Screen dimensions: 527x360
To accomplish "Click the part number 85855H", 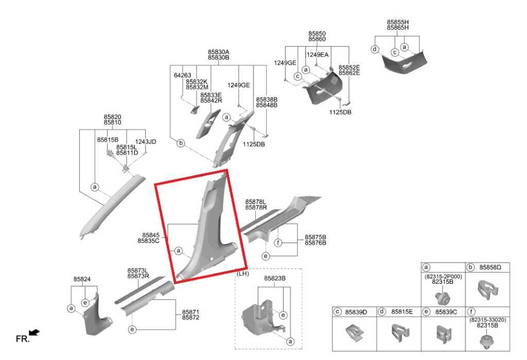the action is tap(398, 22).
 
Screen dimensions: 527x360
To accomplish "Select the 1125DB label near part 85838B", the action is tap(254, 144).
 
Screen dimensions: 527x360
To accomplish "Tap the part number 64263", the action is tap(183, 75).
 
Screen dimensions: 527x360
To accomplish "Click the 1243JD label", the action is tap(146, 142).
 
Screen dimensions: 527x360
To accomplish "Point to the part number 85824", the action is tap(82, 279).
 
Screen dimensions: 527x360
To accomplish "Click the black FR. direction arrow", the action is tap(34, 332).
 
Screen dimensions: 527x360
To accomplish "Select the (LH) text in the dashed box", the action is tap(243, 274).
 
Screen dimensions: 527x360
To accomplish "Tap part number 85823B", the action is tap(275, 279).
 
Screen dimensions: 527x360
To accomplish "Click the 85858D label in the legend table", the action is tap(490, 267).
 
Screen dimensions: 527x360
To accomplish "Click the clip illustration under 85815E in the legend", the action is tap(400, 333).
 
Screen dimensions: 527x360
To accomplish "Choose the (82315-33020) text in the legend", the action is tap(488, 320).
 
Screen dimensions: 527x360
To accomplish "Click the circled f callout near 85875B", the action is tap(278, 243).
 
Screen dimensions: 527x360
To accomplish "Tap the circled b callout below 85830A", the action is tap(181, 143).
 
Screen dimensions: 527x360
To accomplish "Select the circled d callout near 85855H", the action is tap(375, 49).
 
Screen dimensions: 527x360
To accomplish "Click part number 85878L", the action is tap(256, 202).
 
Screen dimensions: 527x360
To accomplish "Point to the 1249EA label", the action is tap(317, 55).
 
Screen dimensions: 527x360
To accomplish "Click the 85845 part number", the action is tap(151, 235).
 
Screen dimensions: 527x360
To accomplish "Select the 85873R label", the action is tap(138, 276).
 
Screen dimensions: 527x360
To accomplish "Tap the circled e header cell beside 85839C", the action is tap(426, 312).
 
